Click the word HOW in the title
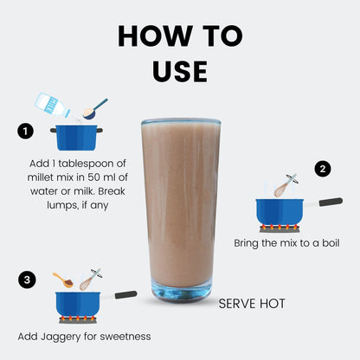(155, 35)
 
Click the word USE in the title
(180, 71)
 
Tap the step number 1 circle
(25, 132)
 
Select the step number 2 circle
(323, 169)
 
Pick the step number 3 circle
(27, 280)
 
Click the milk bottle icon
(53, 106)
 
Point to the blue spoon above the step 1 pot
(94, 109)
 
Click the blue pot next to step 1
(76, 138)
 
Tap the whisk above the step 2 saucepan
(286, 185)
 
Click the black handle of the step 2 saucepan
(331, 202)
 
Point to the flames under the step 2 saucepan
(280, 227)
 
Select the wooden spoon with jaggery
(63, 280)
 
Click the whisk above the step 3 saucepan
(91, 280)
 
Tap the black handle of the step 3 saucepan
(125, 294)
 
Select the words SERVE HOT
(252, 304)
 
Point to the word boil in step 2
(331, 243)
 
